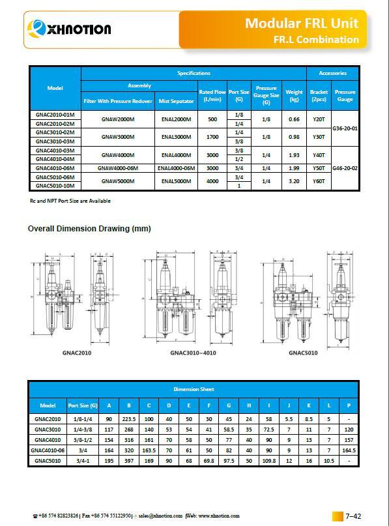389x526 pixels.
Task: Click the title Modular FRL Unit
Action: [302, 23]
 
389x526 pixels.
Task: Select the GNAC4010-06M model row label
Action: [55, 168]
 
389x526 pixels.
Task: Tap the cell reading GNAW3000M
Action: [118, 137]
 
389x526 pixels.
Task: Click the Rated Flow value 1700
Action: [212, 137]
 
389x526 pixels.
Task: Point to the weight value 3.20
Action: [294, 181]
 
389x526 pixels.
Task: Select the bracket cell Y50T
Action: [319, 168]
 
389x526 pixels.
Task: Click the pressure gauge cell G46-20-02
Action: [345, 168]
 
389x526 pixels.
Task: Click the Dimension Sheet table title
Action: [194, 389]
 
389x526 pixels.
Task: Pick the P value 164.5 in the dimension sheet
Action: [349, 449]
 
